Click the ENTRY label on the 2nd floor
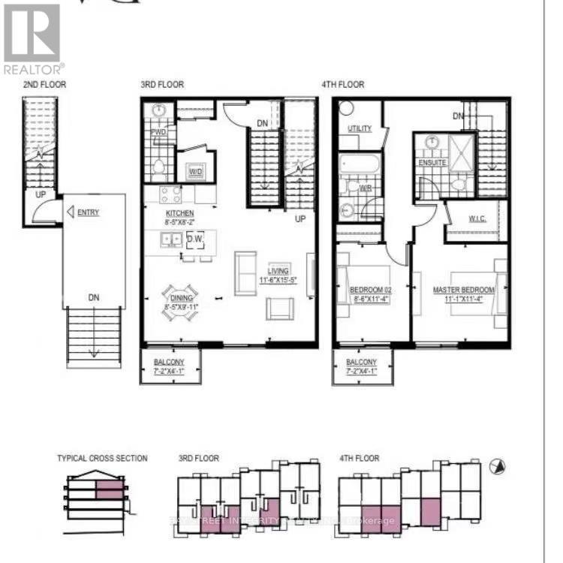[x=88, y=212]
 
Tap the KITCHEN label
[x=179, y=214]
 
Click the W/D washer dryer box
[x=196, y=172]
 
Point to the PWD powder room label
[x=158, y=132]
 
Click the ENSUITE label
[x=432, y=162]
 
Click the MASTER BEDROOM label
[x=463, y=290]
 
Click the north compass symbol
[x=496, y=466]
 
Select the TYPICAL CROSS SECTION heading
[x=102, y=458]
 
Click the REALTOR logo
[x=32, y=38]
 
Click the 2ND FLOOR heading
[x=44, y=85]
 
